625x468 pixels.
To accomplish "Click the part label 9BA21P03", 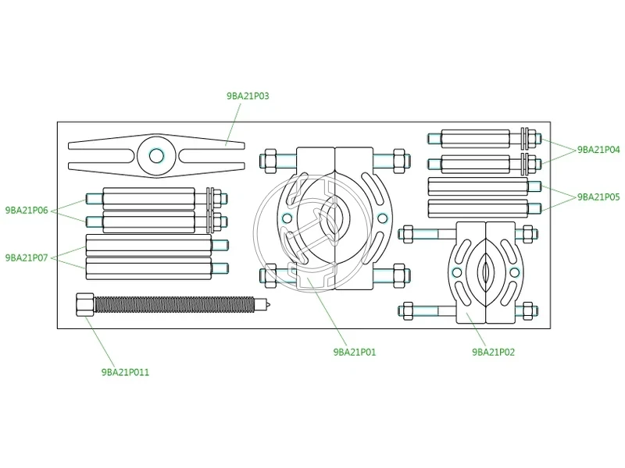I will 248,96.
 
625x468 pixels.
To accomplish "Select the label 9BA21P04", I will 598,150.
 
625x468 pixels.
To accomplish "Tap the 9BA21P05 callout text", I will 598,197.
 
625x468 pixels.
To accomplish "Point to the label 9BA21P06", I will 27,210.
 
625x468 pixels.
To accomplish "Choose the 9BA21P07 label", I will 27,257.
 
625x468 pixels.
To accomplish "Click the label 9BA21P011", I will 125,373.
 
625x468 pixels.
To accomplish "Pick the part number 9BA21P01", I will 355,352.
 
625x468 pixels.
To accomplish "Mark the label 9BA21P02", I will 494,352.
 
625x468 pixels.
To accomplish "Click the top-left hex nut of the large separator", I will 271,160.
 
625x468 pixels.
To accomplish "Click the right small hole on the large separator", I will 380,218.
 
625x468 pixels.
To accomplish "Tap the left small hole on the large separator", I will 287,218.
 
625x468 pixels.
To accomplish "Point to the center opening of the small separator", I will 486,271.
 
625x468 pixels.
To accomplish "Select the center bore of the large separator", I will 334,217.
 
